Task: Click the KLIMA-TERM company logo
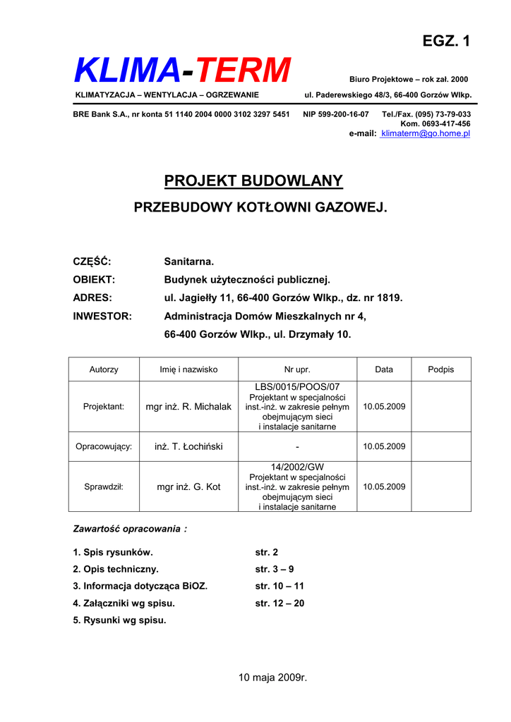(x=182, y=71)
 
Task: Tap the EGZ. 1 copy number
(x=446, y=41)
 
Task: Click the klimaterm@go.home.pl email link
(x=425, y=133)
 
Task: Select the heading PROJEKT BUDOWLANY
(x=253, y=181)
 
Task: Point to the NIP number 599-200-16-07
(x=336, y=114)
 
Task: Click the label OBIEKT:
(x=94, y=280)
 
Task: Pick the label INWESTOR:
(x=102, y=317)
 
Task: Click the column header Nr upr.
(x=297, y=369)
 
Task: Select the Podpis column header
(x=441, y=369)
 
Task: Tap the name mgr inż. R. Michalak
(x=188, y=407)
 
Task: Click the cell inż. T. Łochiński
(x=188, y=446)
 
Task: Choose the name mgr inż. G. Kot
(x=188, y=487)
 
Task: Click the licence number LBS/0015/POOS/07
(x=297, y=387)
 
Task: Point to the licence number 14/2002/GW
(x=297, y=467)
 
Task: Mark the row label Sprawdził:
(x=104, y=487)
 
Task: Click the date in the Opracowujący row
(x=384, y=446)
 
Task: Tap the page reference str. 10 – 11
(x=279, y=586)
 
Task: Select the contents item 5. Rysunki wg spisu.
(x=120, y=620)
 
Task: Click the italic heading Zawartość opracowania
(x=131, y=528)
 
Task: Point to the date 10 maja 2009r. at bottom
(x=273, y=678)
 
